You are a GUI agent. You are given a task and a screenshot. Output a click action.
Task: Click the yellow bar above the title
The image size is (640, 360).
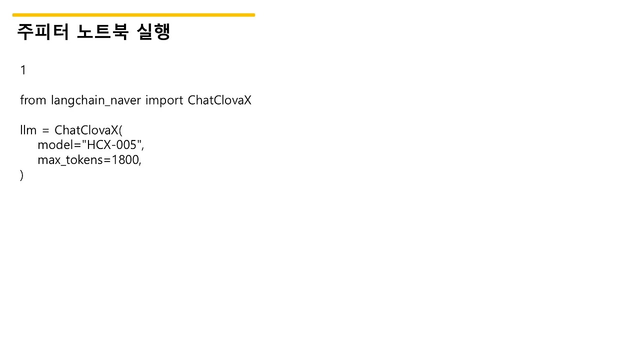[x=133, y=15]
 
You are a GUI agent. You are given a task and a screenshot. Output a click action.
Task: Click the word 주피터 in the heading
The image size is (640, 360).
[x=43, y=31]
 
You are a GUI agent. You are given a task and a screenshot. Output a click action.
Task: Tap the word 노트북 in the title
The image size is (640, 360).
[x=102, y=31]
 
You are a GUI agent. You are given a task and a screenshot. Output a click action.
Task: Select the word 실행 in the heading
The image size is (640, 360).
[x=153, y=31]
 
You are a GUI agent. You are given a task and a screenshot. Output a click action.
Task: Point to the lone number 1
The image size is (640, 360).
[x=23, y=70]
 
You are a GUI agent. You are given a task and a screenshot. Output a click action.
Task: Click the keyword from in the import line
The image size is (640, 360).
[x=33, y=100]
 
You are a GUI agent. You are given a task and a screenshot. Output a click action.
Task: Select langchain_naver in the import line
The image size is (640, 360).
[x=96, y=101]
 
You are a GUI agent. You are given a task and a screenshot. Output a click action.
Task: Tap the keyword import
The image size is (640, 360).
[x=164, y=101]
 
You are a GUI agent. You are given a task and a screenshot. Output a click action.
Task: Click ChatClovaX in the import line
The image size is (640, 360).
[x=219, y=100]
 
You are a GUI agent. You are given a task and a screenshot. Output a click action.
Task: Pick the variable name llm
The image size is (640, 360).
[x=28, y=130]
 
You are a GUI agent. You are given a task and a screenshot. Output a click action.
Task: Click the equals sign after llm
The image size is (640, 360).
[x=45, y=131]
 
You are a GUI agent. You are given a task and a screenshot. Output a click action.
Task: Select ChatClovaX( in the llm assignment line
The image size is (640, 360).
[x=88, y=130]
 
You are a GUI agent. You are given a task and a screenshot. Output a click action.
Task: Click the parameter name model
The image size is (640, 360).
[x=55, y=145]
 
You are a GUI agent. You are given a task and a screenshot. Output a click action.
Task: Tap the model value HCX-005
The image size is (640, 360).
[x=111, y=145]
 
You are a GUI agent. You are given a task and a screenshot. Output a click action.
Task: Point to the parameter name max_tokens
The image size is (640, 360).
[x=70, y=160]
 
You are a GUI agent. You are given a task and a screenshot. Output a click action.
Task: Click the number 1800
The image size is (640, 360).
[x=125, y=160]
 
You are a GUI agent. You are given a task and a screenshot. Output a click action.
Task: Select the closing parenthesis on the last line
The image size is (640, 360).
[x=21, y=175]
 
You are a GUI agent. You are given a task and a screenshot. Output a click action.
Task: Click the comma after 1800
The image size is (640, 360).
[x=140, y=163]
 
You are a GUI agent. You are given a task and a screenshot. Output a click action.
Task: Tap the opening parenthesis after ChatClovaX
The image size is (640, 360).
[x=120, y=130]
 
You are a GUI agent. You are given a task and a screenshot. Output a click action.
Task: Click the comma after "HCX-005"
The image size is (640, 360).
[x=143, y=148]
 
